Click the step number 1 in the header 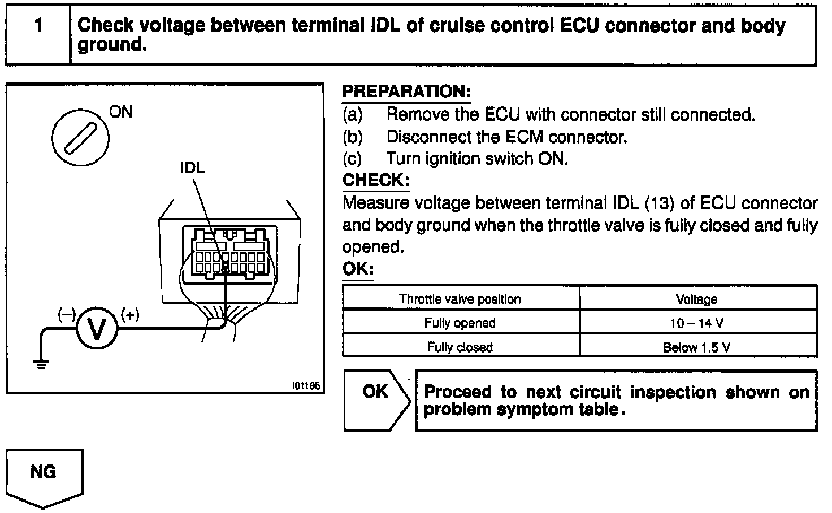tap(38, 26)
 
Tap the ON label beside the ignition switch tap(120, 112)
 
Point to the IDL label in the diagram tap(192, 168)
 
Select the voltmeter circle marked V tap(97, 329)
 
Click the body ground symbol tap(41, 364)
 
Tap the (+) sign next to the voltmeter tap(129, 314)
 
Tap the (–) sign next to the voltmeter tap(66, 314)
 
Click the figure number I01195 tap(306, 386)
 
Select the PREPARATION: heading tap(406, 92)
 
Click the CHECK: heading tap(376, 180)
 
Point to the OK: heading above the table tap(358, 269)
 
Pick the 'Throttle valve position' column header tap(460, 299)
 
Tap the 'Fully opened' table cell tap(460, 323)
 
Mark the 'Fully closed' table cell tap(460, 347)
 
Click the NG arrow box tap(44, 474)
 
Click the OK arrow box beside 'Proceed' tap(376, 400)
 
